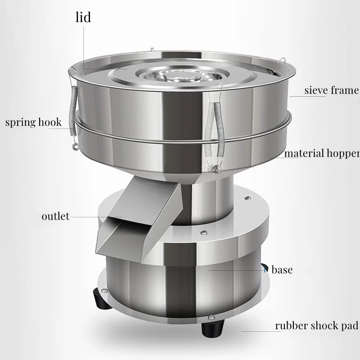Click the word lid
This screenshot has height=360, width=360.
pos(83,17)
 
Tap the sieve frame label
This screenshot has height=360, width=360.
pos(332,90)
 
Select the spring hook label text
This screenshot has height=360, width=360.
pos(33,122)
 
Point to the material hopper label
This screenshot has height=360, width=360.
pos(322,153)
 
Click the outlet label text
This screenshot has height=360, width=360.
pos(55,216)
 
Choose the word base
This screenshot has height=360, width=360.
pos(282,270)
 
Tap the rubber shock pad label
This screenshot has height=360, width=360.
pos(316,325)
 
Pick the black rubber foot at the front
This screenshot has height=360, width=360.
pos(212,328)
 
